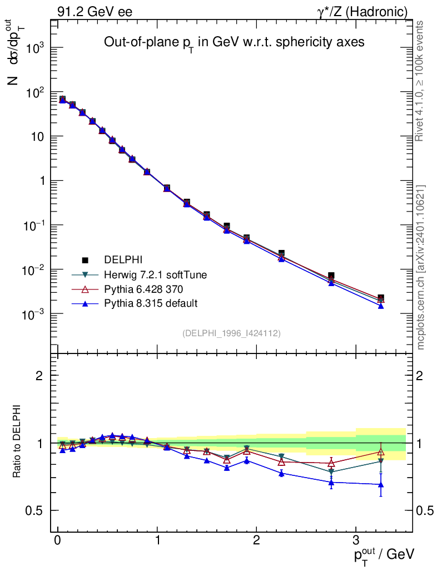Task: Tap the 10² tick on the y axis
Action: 34,92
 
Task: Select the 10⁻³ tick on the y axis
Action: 34,315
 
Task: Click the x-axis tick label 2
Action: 256,540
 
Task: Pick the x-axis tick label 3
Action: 355,540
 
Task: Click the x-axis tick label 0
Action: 58,540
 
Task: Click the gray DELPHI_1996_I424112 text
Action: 231,333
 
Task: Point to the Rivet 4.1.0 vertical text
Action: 420,81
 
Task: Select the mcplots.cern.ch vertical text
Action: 420,267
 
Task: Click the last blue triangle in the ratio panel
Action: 381,485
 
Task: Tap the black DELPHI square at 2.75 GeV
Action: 331,276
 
